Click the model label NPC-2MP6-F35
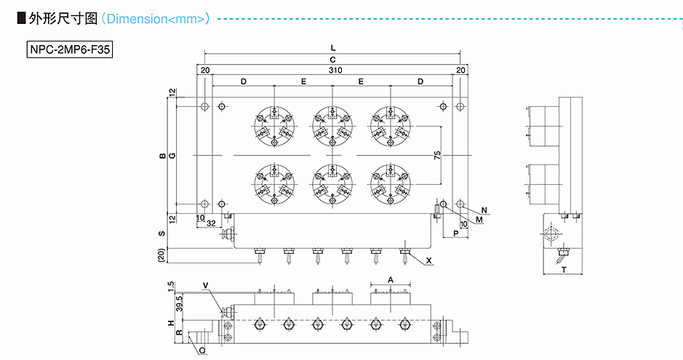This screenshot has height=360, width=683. point(70,49)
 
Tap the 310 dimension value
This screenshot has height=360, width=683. point(335,70)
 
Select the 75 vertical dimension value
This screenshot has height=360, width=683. point(437,155)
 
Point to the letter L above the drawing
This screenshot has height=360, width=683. point(333,47)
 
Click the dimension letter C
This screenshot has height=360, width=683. point(333,60)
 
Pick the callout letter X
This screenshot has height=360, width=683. point(429,260)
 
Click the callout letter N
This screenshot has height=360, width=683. point(484,210)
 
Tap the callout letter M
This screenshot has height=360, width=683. point(479,220)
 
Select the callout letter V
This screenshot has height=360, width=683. point(206,286)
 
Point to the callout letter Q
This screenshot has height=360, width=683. point(202,351)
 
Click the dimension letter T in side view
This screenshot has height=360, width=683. point(564,270)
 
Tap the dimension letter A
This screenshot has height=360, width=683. point(391,279)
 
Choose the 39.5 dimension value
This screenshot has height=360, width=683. point(180,303)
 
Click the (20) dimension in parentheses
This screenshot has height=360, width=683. point(161,255)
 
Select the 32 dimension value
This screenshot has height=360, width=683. point(211,223)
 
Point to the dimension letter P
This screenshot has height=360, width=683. point(456,233)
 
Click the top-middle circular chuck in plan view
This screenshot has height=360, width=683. point(332,127)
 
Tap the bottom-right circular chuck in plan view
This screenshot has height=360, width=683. point(391,184)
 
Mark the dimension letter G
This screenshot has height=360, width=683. point(172,156)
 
